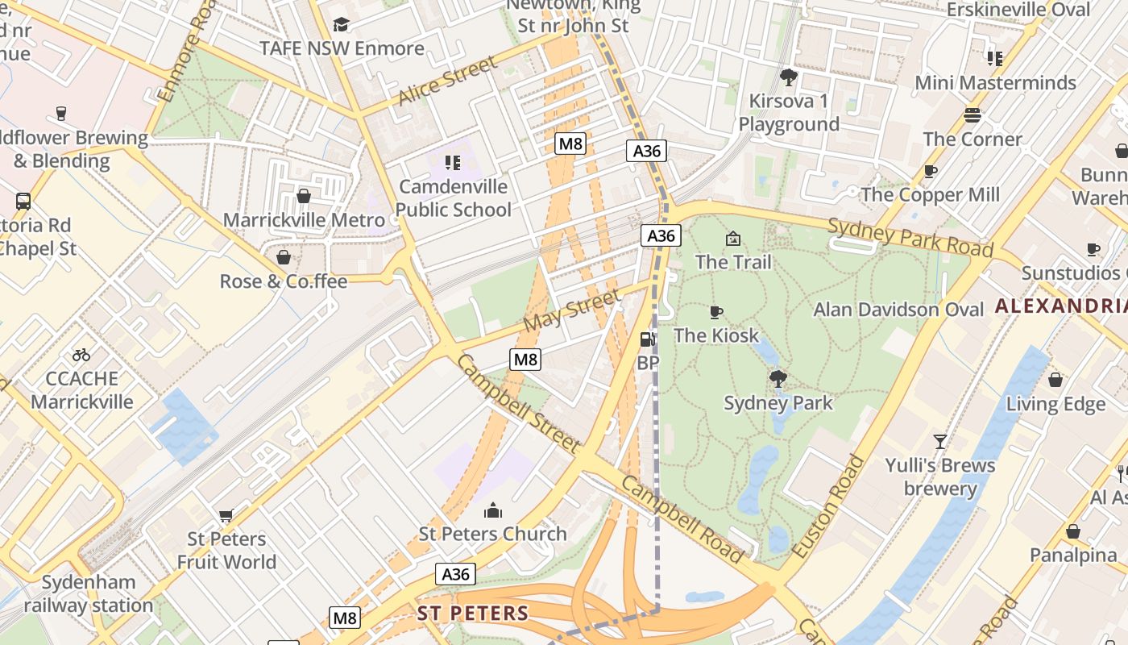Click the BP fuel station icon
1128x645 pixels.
(x=647, y=340)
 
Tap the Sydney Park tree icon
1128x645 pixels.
(x=778, y=378)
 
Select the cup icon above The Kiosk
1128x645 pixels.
(x=715, y=312)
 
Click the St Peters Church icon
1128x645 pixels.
(x=493, y=510)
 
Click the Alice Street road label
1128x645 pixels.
(x=448, y=81)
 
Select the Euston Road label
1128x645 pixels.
(x=828, y=507)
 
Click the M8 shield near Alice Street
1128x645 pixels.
(x=570, y=144)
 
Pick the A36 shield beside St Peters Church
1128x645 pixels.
(x=456, y=574)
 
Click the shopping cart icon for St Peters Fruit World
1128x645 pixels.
(x=226, y=515)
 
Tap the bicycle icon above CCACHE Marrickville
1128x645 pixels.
(x=81, y=355)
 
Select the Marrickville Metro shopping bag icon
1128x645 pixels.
(x=304, y=196)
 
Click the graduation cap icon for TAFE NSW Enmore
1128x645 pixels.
(x=342, y=25)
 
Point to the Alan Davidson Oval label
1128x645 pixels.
(x=898, y=310)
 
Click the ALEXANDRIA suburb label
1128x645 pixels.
(x=1060, y=306)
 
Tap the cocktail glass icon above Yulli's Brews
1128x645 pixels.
(x=939, y=441)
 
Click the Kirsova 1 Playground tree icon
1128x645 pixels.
(x=789, y=77)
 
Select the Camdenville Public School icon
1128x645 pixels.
(x=453, y=164)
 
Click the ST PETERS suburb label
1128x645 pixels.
(x=473, y=613)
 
